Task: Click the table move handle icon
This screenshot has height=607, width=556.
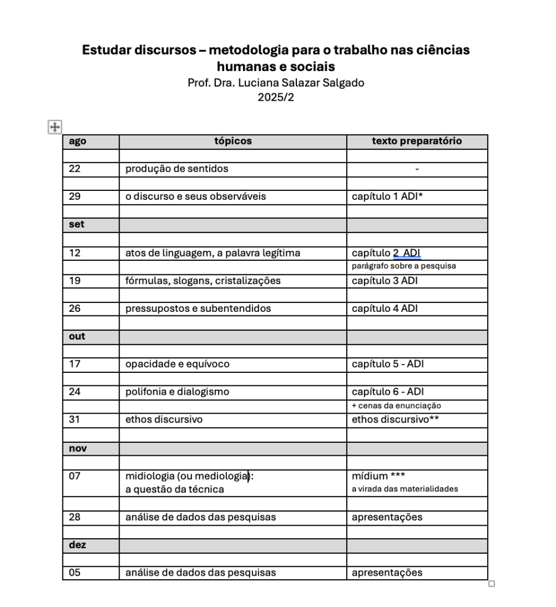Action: (x=55, y=126)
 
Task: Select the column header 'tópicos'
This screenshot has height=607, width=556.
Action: (x=232, y=141)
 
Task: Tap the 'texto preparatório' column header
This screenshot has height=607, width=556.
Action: (x=417, y=141)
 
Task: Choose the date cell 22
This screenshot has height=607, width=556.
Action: (x=75, y=169)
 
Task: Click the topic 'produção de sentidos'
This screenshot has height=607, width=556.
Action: (x=176, y=169)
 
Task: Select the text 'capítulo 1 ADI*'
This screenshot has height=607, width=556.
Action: (x=387, y=197)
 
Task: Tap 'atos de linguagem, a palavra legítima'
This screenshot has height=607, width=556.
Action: (x=212, y=253)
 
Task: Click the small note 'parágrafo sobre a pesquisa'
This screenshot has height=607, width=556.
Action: (x=404, y=266)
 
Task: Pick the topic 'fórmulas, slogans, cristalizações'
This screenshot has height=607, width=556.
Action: (x=203, y=280)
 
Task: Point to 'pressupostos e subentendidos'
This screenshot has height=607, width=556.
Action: (x=198, y=309)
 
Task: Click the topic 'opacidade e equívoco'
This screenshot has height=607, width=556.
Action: (x=177, y=365)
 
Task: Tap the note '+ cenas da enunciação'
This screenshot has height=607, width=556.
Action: (x=397, y=405)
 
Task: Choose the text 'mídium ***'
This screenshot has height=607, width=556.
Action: (x=378, y=476)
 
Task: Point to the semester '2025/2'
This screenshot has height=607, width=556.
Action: (x=276, y=97)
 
